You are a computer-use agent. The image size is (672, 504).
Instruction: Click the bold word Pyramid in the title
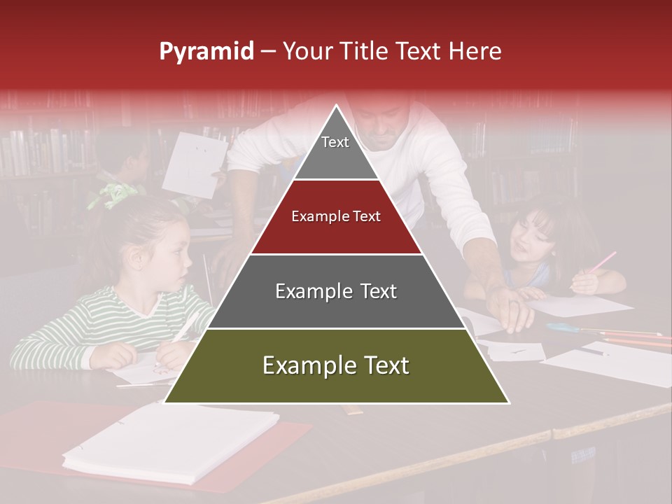tap(206, 51)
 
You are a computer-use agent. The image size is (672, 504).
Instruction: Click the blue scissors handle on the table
tap(560, 327)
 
